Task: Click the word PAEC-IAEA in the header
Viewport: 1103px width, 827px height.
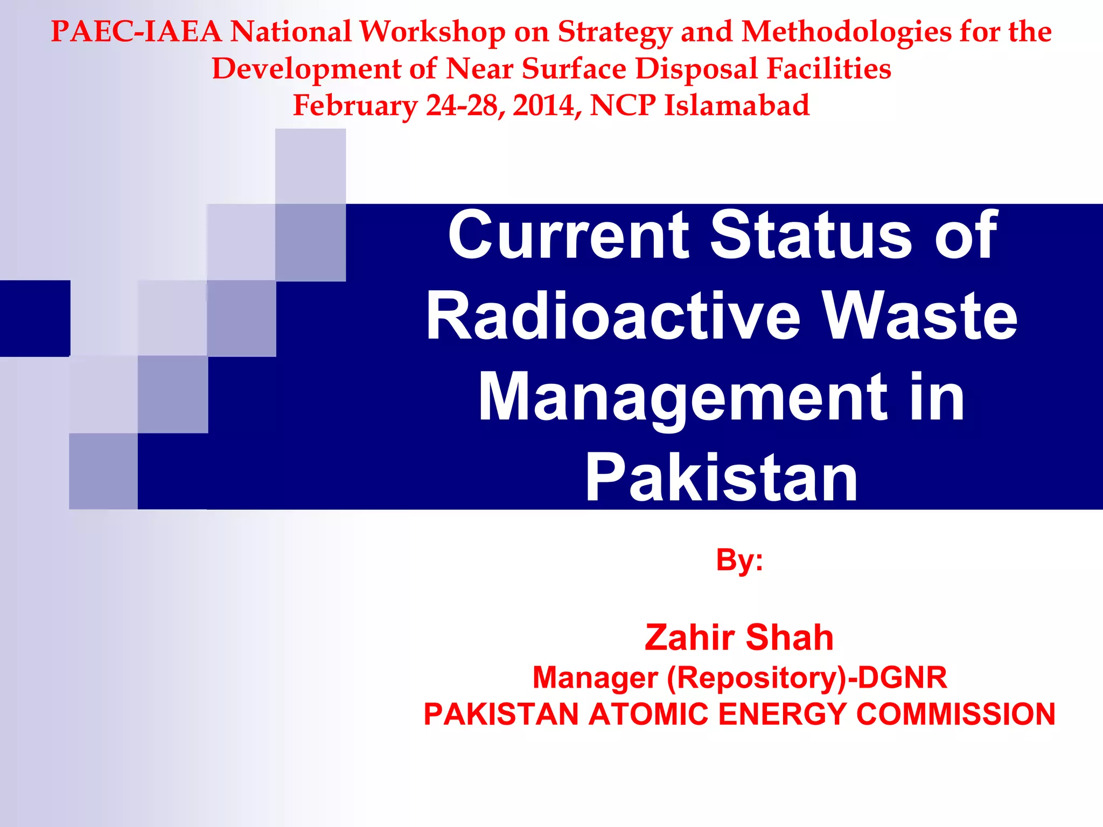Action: (x=136, y=32)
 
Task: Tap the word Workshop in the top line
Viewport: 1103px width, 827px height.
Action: (x=432, y=32)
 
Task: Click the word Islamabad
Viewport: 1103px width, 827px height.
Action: (x=736, y=105)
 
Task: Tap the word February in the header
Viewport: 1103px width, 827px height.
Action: (x=355, y=106)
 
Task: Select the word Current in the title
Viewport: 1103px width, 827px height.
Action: (x=568, y=235)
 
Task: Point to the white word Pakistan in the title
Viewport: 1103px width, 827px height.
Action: (x=721, y=478)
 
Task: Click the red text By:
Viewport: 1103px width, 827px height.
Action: (x=739, y=560)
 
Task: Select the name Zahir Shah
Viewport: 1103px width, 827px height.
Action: (x=739, y=637)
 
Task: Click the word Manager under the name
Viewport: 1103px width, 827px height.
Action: (x=595, y=677)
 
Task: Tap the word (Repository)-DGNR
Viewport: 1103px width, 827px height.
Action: (x=807, y=677)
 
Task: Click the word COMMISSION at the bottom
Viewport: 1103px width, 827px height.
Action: (x=955, y=714)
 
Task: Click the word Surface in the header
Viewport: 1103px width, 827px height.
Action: (x=574, y=69)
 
